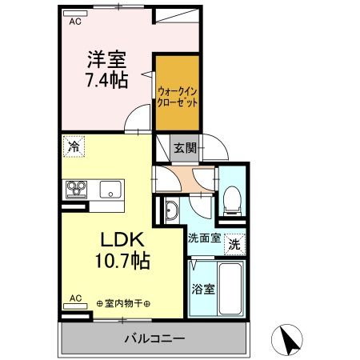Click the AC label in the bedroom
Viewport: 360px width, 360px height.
pos(75,22)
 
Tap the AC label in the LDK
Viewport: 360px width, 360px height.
pos(75,298)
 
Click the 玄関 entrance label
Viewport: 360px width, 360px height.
pos(185,147)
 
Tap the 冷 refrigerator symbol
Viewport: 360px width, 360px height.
pos(73,147)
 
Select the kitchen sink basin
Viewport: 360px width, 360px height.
pos(110,190)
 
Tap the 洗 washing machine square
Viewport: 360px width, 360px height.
pos(234,242)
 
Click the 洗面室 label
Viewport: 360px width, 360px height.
pos(205,238)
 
